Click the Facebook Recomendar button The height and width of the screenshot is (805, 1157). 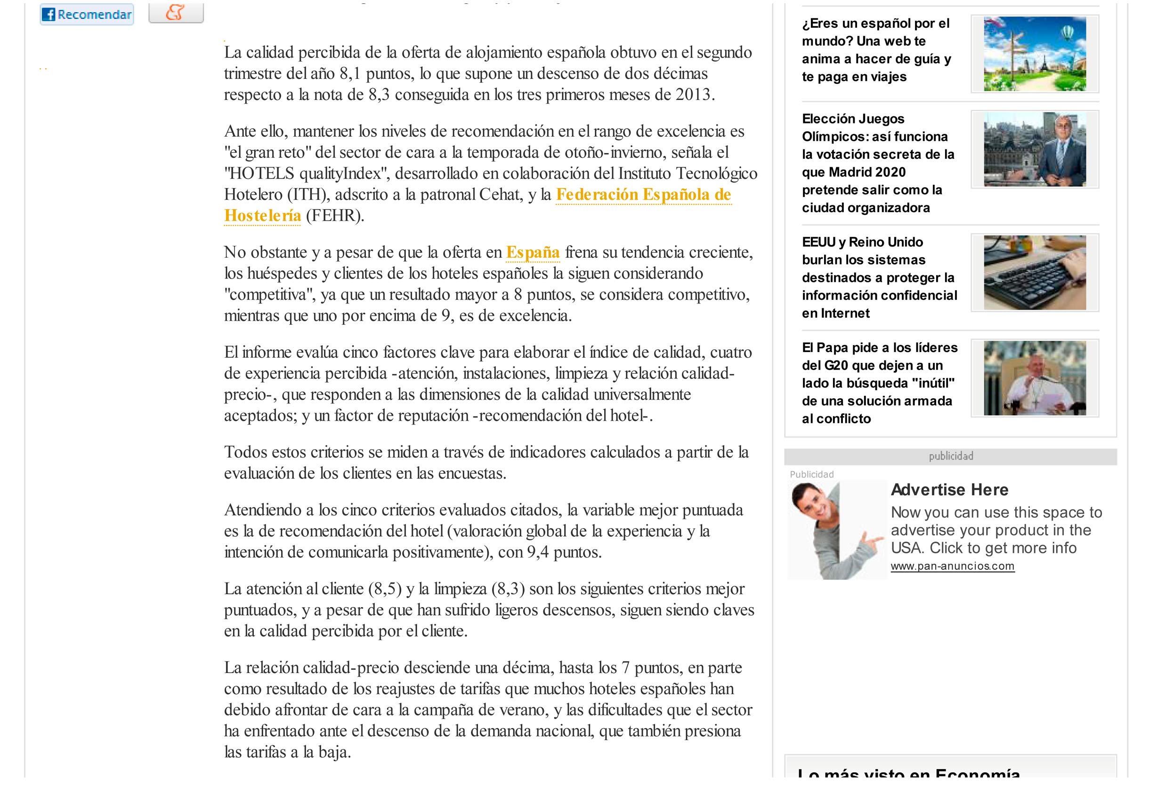[87, 14]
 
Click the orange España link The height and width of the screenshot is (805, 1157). [533, 252]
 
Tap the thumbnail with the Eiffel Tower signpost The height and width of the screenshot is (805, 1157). [1035, 54]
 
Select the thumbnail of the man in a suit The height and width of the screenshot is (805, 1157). [1035, 149]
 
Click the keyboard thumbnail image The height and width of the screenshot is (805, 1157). [1035, 272]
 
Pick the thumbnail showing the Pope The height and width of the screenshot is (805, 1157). [1035, 378]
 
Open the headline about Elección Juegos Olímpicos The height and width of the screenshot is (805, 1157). [878, 163]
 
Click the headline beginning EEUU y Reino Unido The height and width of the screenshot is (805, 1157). [879, 278]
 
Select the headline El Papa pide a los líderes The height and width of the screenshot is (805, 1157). [879, 383]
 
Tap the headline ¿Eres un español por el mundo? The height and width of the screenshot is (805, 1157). [876, 50]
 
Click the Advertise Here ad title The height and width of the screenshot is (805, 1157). [949, 489]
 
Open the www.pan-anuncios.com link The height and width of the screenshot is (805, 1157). [953, 566]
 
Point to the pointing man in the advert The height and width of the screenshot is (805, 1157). [835, 530]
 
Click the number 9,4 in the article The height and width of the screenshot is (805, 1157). [538, 552]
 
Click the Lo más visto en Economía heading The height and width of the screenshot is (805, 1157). [908, 773]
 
